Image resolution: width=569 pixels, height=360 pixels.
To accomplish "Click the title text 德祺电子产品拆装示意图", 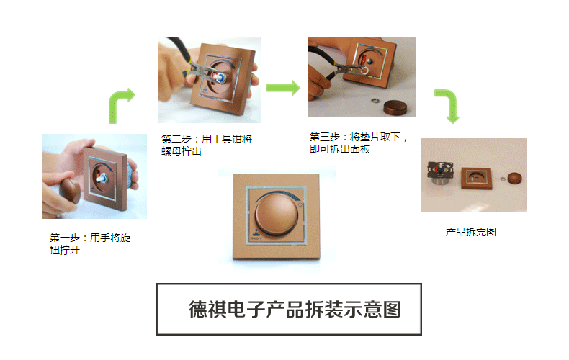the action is click(295, 309).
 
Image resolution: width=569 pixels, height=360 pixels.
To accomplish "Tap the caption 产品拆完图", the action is click(470, 232).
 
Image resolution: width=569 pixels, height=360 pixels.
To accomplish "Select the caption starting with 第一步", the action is click(90, 243).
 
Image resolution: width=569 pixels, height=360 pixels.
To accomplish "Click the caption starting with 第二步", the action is click(207, 145).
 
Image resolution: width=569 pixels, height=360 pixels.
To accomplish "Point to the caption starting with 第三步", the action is click(359, 143).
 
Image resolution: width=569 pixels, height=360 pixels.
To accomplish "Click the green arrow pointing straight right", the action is click(283, 88).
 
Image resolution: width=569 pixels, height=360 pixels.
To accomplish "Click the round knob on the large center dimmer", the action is click(277, 215).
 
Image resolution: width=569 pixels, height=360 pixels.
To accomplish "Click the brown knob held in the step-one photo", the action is click(71, 191).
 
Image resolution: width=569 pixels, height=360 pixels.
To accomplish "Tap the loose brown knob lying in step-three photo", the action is click(395, 107).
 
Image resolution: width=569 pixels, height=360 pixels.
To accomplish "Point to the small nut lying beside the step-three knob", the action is click(375, 100).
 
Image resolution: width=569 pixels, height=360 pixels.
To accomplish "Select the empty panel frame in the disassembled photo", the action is click(477, 179).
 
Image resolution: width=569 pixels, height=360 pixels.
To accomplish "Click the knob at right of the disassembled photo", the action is click(514, 178).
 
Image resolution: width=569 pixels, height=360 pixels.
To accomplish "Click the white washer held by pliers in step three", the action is click(364, 70).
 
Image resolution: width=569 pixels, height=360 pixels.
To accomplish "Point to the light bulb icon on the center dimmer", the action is click(300, 205).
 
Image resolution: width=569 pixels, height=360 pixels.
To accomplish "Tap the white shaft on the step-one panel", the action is click(102, 178).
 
